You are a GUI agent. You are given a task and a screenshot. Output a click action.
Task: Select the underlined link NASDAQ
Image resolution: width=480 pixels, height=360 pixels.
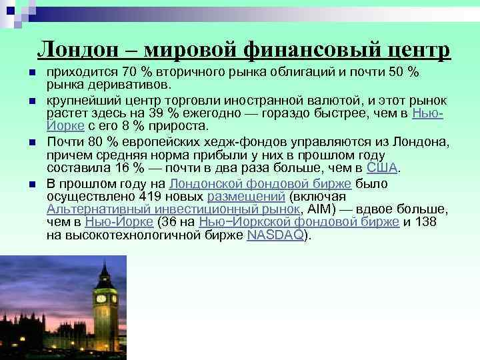pyautogui.click(x=275, y=235)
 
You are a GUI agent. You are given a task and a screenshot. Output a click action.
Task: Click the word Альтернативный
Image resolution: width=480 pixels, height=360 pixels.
pyautogui.click(x=91, y=210)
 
